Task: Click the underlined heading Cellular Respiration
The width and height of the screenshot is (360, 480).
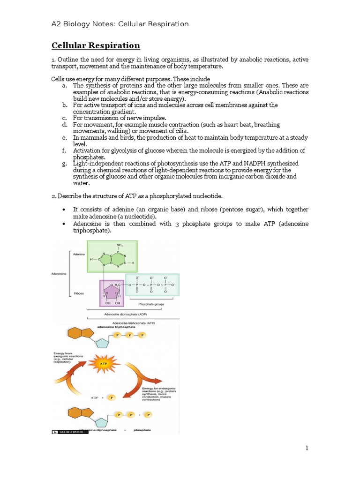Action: (95, 45)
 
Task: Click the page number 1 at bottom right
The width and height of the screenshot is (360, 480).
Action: (307, 448)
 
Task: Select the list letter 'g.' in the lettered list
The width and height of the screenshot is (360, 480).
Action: (64, 163)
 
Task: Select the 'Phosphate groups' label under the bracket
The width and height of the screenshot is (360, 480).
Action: (151, 304)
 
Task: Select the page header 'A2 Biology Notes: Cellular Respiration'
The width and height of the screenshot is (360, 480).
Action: (120, 24)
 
